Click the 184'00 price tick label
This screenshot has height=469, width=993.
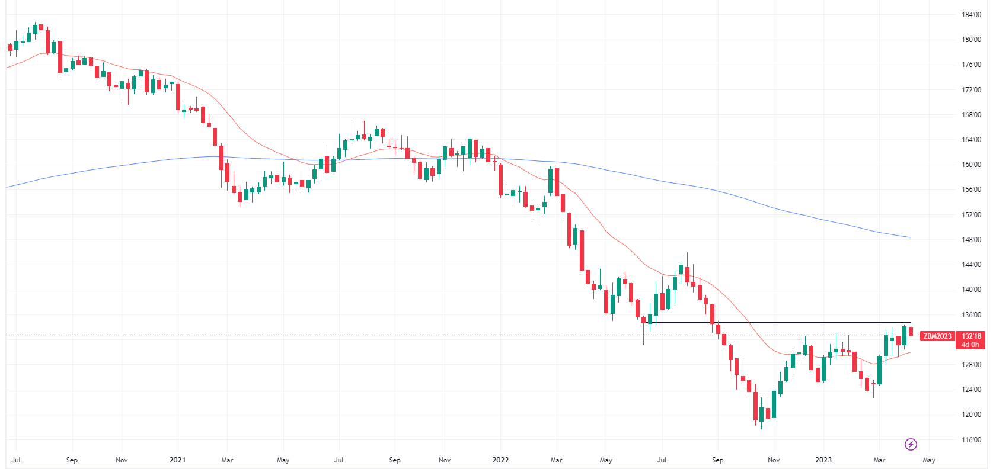point(971,15)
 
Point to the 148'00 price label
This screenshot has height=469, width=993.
point(971,240)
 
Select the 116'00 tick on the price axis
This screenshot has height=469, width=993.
point(971,440)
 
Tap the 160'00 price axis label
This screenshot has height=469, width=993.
point(971,165)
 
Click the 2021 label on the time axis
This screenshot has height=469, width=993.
point(177,460)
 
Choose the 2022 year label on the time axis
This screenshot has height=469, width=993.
point(500,460)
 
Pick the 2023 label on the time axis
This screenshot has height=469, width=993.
point(823,460)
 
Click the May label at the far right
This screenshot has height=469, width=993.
point(929,460)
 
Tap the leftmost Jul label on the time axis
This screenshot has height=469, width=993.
point(16,460)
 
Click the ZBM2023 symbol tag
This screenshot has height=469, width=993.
point(937,336)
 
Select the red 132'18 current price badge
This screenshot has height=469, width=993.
point(971,336)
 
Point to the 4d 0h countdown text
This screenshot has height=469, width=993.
point(970,345)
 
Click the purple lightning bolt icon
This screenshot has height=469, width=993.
point(911,444)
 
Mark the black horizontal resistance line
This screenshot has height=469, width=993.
point(783,323)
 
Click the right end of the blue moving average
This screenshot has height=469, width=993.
point(909,237)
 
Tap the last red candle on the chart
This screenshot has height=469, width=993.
point(911,332)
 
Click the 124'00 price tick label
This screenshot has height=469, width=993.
point(971,390)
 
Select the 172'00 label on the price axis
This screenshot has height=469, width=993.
point(971,90)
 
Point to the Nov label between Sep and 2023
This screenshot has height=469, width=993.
point(774,460)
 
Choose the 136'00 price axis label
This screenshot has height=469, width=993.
point(971,315)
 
